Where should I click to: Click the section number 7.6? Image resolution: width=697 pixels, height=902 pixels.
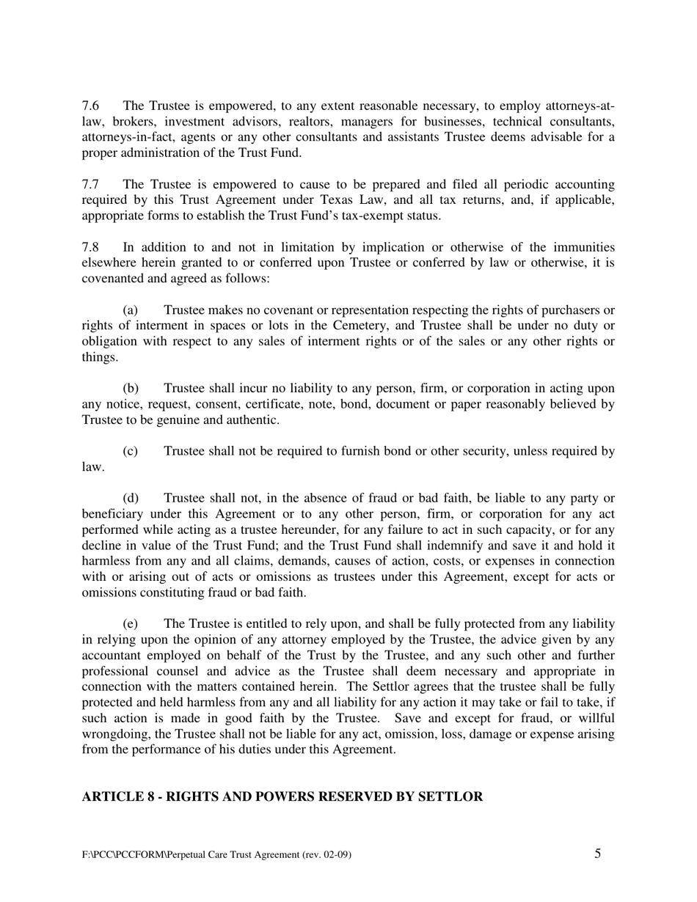point(90,106)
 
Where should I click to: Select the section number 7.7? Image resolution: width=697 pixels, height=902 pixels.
point(90,185)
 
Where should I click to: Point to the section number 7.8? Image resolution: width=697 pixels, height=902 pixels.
point(90,248)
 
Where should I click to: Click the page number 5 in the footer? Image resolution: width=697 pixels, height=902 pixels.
point(598,854)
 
